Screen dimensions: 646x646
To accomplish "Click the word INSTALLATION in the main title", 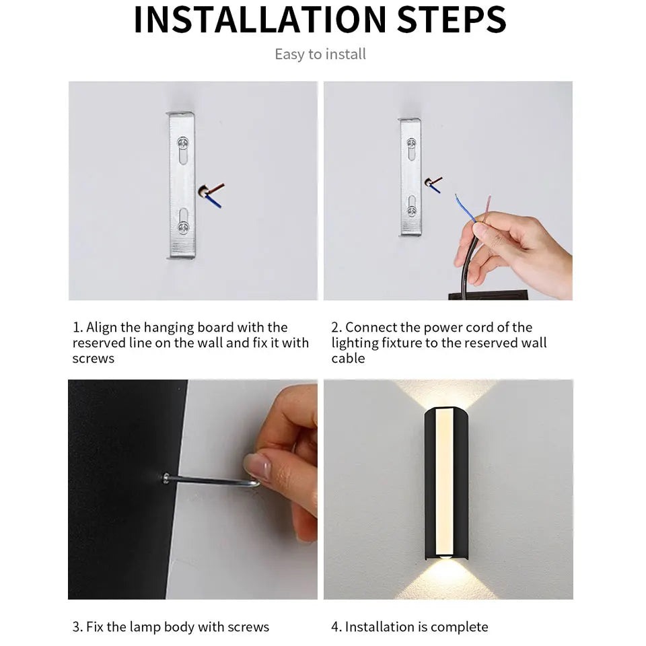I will [x=258, y=20].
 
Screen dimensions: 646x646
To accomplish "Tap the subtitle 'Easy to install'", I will [x=320, y=55].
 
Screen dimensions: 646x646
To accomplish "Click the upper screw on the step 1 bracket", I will [x=182, y=143].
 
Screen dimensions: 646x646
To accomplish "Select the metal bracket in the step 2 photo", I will [x=410, y=177].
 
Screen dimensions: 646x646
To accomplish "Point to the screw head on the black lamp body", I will [x=166, y=478].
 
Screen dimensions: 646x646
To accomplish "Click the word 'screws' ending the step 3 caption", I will [x=247, y=626].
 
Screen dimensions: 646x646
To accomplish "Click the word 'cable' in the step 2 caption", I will [x=348, y=359].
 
